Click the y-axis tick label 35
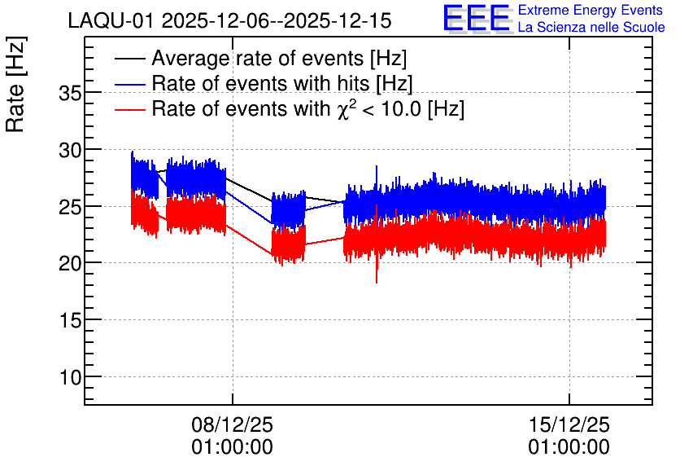tap(70, 93)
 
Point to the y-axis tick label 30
tap(70, 150)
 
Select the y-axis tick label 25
tap(70, 207)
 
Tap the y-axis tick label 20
tap(70, 264)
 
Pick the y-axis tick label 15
tap(70, 320)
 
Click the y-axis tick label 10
tap(70, 377)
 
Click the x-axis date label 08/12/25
tap(233, 424)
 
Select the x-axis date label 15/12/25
tap(569, 424)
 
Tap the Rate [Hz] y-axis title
tap(15, 84)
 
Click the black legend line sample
tap(129, 59)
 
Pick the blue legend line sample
tap(129, 84)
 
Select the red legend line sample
tap(129, 109)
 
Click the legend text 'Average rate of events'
tap(258, 59)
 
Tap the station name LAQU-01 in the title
tap(111, 21)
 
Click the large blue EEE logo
tap(476, 18)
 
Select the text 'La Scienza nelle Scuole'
tap(591, 28)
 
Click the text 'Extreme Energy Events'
tap(591, 10)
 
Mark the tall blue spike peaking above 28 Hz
tap(377, 178)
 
